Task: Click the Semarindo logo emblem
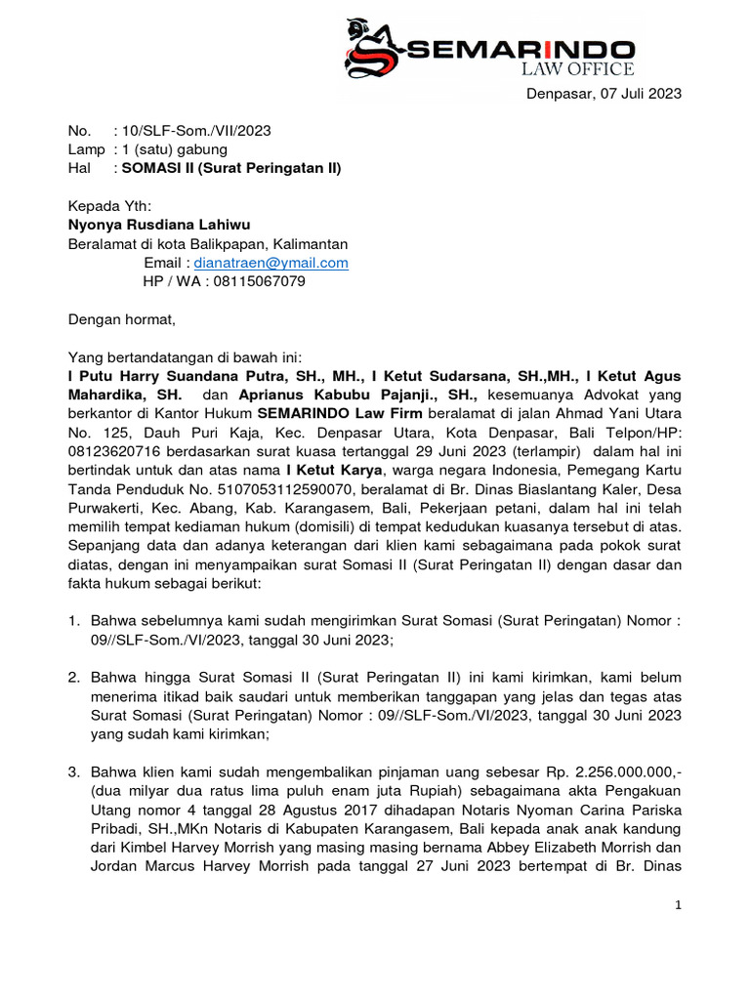click(x=374, y=48)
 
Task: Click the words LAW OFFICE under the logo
click(x=578, y=68)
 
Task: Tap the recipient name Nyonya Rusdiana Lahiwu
click(x=159, y=226)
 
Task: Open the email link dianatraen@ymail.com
click(x=271, y=263)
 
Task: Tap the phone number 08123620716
click(x=116, y=452)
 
